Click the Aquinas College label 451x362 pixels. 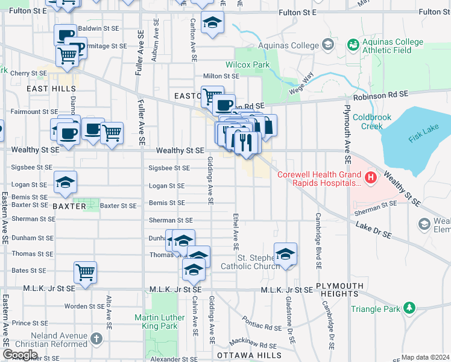(288, 45)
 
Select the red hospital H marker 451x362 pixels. (370, 177)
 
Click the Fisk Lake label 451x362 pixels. (422, 138)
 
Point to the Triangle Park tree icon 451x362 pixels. (409, 308)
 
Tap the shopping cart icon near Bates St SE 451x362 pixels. (85, 272)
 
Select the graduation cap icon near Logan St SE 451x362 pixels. (65, 183)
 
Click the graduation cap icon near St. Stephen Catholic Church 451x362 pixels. (285, 253)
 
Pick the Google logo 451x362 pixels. (20, 355)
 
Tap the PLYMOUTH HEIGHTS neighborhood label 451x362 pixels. (339, 290)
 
